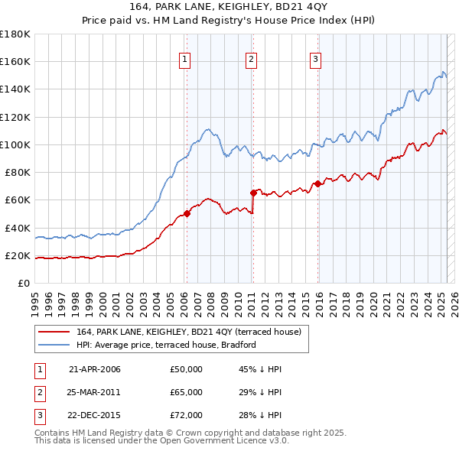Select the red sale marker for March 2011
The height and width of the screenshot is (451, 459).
click(x=252, y=193)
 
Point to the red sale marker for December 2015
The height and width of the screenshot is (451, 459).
click(x=317, y=183)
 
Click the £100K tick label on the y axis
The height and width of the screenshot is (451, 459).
click(x=15, y=144)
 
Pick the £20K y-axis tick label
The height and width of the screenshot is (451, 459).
click(x=18, y=255)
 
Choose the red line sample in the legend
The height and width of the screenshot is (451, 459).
click(x=55, y=332)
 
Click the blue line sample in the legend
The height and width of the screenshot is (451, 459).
click(x=55, y=345)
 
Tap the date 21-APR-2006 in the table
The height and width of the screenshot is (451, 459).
click(x=95, y=369)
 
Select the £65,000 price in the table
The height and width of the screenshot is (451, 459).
click(x=187, y=392)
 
